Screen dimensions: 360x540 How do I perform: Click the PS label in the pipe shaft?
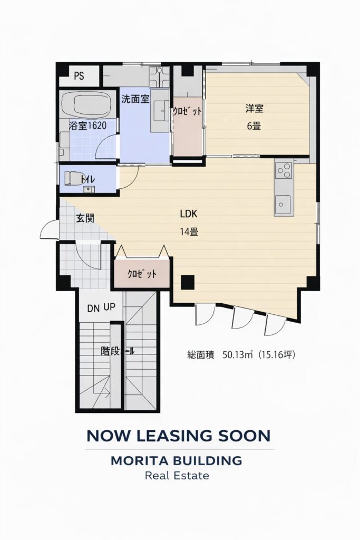79,76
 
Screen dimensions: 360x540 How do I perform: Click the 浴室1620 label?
87,126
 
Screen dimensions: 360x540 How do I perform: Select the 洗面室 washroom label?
135,99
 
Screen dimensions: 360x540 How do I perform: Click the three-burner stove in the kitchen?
284,170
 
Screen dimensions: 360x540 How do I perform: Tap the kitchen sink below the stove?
283,204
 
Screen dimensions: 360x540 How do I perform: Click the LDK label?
189,214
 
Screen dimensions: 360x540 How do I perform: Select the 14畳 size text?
189,232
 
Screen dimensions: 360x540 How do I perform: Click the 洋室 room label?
255,109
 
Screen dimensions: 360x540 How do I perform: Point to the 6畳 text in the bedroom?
254,126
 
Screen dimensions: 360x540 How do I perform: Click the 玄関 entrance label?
85,218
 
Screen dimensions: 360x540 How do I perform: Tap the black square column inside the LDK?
188,283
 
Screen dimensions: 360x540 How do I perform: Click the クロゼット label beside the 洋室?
187,111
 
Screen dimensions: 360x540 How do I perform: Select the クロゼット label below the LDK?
142,274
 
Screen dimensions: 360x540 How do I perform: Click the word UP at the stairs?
110,307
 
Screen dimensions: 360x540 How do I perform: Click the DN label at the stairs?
93,308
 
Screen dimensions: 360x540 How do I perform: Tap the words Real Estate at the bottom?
177,476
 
